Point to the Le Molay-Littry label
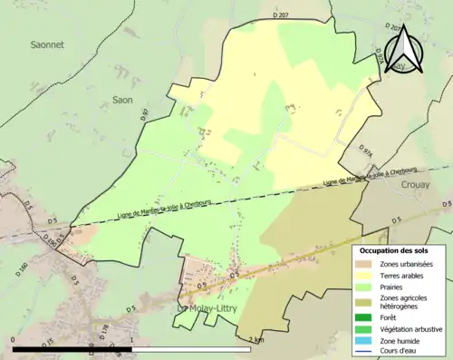(x=209, y=308)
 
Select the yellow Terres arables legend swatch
(x=365, y=275)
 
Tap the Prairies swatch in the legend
(x=365, y=287)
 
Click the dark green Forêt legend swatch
(x=365, y=316)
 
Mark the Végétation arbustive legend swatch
(x=365, y=328)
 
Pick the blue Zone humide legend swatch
(x=365, y=340)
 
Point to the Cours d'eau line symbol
(x=365, y=351)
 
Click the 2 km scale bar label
(x=257, y=339)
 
